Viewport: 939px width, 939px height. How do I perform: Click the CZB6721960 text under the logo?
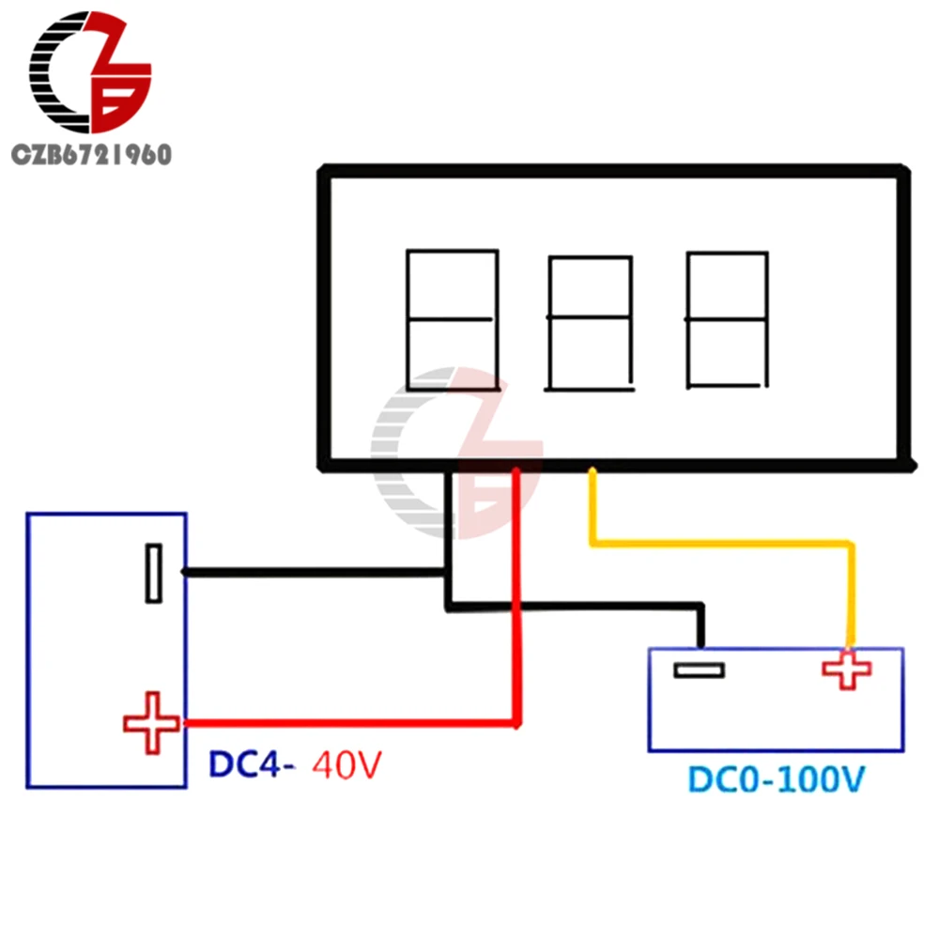[91, 155]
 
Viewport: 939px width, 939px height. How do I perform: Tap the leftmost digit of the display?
[451, 319]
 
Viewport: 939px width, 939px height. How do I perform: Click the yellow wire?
[723, 542]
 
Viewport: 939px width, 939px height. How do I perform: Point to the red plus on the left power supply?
[151, 722]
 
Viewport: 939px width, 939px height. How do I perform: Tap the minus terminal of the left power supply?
[153, 573]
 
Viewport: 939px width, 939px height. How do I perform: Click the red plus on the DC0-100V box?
[846, 670]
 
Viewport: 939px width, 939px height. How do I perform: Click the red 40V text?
[347, 765]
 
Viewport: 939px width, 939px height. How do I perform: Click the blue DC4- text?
[252, 765]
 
